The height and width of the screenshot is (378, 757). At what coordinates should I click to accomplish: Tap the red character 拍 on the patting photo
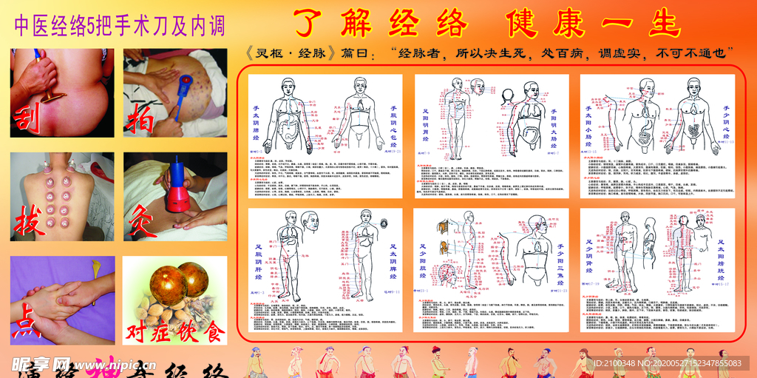tap(141, 116)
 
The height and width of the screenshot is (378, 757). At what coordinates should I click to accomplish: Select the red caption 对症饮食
tap(175, 331)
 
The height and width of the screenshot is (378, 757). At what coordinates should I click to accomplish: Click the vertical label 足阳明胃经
tap(424, 126)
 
